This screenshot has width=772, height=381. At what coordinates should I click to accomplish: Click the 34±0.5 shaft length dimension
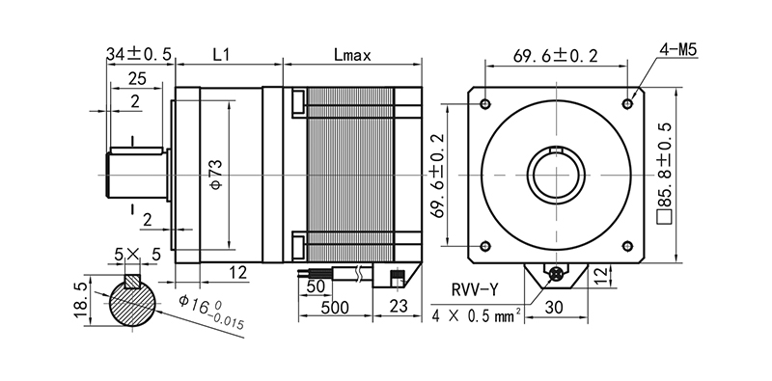pos(139,54)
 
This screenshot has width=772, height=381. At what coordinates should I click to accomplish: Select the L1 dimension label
pos(222,55)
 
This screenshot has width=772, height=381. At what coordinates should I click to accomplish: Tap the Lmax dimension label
pos(352,55)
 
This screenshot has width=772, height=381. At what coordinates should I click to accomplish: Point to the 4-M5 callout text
pos(678,50)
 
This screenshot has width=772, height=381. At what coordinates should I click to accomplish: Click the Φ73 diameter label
pos(218,175)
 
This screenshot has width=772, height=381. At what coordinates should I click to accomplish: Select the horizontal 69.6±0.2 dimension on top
pos(556,56)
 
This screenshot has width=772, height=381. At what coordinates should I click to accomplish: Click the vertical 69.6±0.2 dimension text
pos(437,176)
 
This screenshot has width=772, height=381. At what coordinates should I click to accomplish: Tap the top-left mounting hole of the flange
pos(485,104)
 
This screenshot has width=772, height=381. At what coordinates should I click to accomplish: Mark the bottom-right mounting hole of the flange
pos(627,246)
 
